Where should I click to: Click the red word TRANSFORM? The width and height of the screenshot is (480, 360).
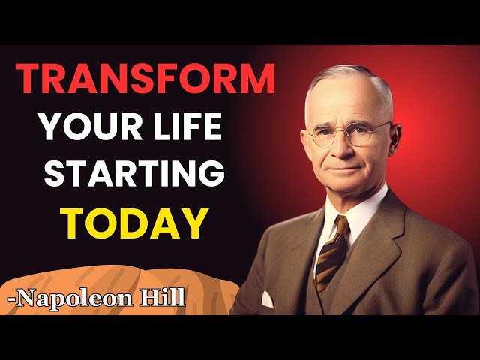point(145,78)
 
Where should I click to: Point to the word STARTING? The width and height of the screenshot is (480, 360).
point(135,172)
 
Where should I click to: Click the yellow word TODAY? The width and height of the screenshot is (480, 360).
point(134,223)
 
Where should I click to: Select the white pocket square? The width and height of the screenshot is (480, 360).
point(267,299)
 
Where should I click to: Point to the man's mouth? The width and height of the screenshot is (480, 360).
point(346,169)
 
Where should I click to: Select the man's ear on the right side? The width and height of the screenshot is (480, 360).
point(394,138)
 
